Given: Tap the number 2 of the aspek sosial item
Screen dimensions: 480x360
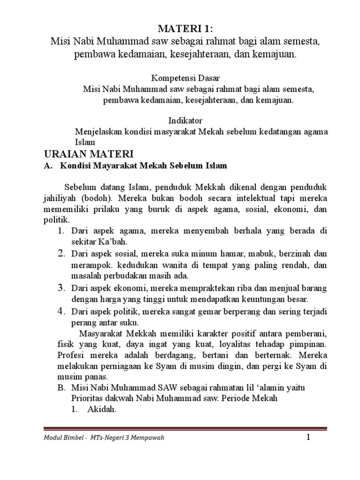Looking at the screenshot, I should click(x=61, y=254).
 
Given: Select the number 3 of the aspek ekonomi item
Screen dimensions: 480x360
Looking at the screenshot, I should click(x=61, y=287).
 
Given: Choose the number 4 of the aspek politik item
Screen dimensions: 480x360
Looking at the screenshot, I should click(x=61, y=311).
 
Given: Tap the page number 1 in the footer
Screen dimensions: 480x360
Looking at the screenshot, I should click(x=308, y=437).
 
